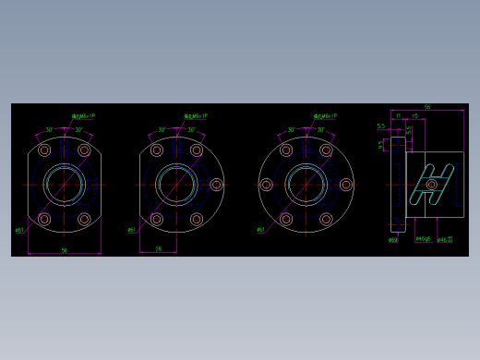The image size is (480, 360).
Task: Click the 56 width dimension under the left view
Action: (x=64, y=250)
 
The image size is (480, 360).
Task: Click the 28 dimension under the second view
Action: (x=158, y=248)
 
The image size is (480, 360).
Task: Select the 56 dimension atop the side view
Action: (x=426, y=107)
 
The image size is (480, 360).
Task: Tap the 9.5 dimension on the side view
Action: (x=381, y=144)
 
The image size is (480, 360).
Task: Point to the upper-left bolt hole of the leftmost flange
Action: (x=44, y=150)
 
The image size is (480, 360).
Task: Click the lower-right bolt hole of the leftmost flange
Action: (x=84, y=220)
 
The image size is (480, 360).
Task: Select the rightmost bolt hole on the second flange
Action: (x=216, y=185)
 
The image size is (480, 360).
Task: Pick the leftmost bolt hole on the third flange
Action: (x=266, y=185)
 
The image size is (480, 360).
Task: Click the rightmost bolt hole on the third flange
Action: (x=346, y=185)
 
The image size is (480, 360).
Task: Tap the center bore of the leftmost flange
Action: (x=65, y=185)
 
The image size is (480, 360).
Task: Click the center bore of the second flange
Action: (x=176, y=185)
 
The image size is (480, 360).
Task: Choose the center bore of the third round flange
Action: (x=306, y=185)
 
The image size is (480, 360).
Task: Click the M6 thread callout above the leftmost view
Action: (x=84, y=116)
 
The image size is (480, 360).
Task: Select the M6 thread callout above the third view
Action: (x=325, y=116)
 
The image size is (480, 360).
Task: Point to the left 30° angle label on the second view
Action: (x=162, y=130)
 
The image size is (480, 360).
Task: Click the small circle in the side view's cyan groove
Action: (x=431, y=185)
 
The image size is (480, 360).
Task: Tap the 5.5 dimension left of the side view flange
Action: (x=380, y=126)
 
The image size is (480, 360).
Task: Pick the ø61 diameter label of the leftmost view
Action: (x=19, y=231)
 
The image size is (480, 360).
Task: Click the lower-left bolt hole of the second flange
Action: (x=157, y=220)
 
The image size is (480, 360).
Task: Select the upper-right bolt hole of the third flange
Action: (x=326, y=150)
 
